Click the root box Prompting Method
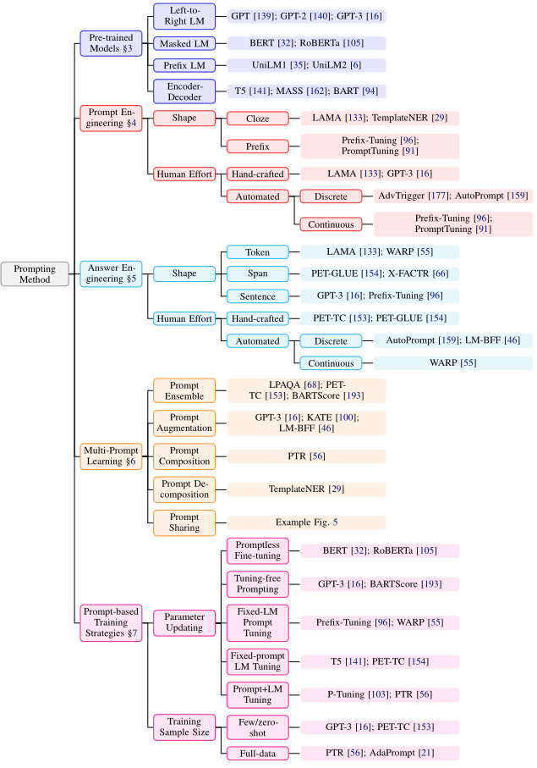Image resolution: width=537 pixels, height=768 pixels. (35, 273)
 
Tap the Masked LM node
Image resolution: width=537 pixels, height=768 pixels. (178, 42)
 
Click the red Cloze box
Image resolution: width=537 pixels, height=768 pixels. (257, 119)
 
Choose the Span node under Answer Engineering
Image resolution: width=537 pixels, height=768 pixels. (257, 273)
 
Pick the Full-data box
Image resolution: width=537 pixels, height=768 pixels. (257, 752)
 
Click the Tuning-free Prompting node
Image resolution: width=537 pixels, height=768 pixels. (257, 583)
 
